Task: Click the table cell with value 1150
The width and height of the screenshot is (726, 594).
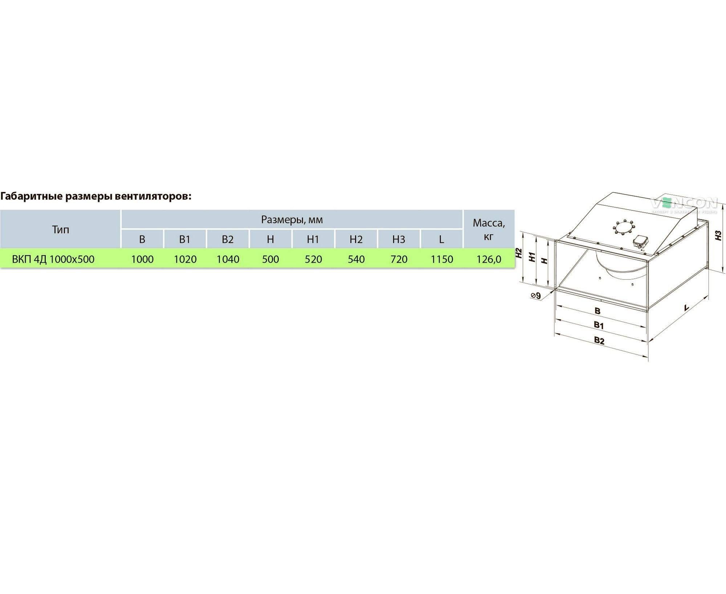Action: click(x=441, y=259)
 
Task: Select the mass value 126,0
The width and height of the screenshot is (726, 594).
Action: click(x=489, y=259)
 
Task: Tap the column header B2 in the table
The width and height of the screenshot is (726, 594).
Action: click(x=228, y=239)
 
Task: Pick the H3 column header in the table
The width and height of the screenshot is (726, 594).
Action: click(x=399, y=239)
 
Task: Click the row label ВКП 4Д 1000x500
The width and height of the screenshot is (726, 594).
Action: click(x=53, y=259)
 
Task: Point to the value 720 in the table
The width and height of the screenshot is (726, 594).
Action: click(x=399, y=259)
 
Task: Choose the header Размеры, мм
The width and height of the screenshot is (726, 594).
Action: click(x=291, y=220)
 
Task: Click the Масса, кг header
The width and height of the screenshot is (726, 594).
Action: click(x=489, y=229)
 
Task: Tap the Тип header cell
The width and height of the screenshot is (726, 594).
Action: click(x=60, y=229)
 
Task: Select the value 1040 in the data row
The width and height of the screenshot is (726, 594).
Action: click(x=228, y=259)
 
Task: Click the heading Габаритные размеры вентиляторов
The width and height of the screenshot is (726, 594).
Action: click(x=95, y=196)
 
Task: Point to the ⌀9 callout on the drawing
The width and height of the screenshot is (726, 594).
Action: click(x=535, y=296)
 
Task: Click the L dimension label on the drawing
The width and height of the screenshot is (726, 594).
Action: click(x=686, y=308)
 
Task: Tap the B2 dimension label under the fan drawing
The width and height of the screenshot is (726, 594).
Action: click(x=599, y=340)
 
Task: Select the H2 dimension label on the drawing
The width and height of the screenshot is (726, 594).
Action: click(x=519, y=253)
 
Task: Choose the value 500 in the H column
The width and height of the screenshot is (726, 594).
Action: click(x=270, y=259)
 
